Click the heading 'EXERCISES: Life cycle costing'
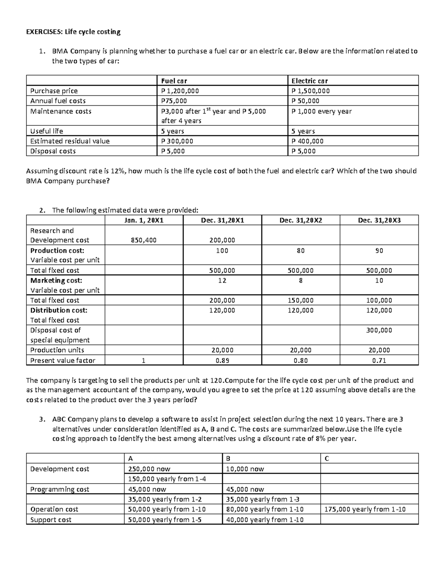[x=73, y=32]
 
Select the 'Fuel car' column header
[x=174, y=81]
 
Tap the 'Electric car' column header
[x=309, y=81]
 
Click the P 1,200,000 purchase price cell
[x=180, y=91]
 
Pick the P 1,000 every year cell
[x=322, y=111]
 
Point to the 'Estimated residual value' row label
[x=70, y=141]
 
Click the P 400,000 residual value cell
[x=307, y=141]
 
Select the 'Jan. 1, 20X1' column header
[x=144, y=220]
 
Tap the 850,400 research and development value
[x=144, y=240]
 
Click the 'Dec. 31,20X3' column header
[x=379, y=220]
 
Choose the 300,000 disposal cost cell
[x=379, y=330]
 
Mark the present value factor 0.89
[x=222, y=361]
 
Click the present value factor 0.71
[x=379, y=361]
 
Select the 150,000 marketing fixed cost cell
[x=300, y=300]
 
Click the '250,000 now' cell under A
[x=149, y=469]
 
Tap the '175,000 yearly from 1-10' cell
[x=365, y=509]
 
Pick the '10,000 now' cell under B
[x=245, y=469]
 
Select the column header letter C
[x=327, y=458]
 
